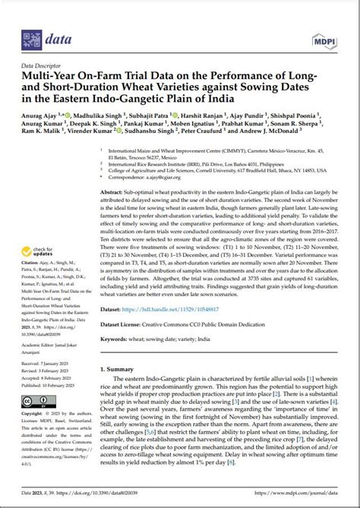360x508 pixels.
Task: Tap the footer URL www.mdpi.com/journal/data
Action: point(306,496)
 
